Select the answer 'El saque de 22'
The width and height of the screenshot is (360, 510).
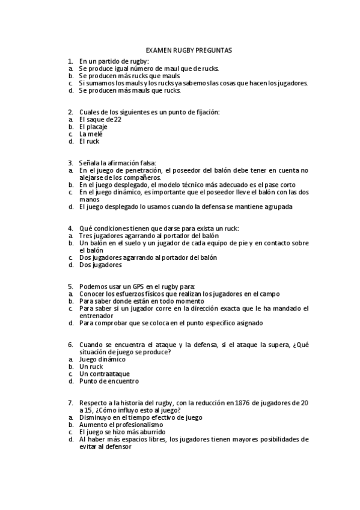[x=100, y=119]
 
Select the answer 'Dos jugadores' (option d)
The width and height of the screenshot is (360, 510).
[x=100, y=265]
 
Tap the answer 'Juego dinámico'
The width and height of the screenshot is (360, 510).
[x=102, y=359]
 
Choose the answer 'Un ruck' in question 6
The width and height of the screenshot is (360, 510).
[x=91, y=366]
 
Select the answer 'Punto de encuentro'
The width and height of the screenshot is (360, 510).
[x=109, y=381]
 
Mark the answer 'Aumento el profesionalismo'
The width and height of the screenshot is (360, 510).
[x=121, y=425]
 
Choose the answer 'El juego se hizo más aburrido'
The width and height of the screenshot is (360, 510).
[x=125, y=432]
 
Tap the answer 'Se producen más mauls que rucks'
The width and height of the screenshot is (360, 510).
[x=129, y=90]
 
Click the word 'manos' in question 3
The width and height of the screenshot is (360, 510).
[x=89, y=199]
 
